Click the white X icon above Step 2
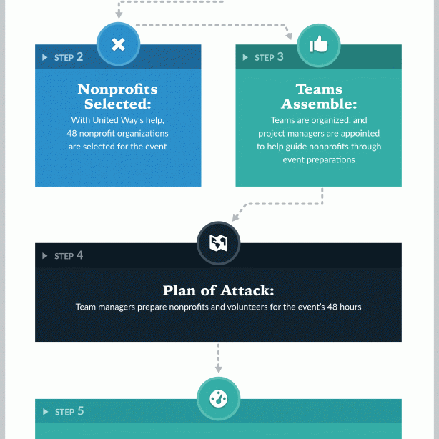point(118,44)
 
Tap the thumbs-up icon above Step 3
point(319,44)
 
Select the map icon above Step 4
point(218,242)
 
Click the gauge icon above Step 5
point(218,398)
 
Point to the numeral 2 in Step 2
point(80,56)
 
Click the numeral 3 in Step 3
point(280,56)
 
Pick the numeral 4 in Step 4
point(80,255)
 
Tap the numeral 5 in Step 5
point(81,411)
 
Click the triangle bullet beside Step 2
point(44,57)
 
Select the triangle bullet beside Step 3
point(245,57)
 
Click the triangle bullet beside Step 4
point(44,256)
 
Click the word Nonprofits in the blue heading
point(117,89)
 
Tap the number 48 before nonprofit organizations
point(71,133)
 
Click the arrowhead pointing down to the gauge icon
point(218,369)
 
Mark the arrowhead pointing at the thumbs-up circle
point(289,36)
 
